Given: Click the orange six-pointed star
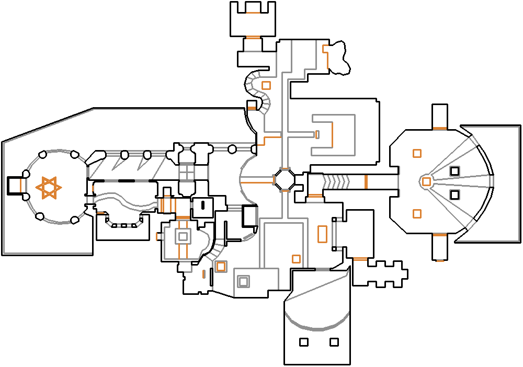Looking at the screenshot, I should coord(48,188).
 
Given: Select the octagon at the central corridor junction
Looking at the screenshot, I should coord(285,180).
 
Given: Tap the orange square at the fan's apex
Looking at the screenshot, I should coord(427,181).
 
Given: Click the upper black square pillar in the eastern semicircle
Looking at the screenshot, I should coord(454,170).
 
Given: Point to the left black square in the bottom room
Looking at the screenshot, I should coord(304,342).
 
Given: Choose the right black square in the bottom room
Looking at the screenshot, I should coord(334,342).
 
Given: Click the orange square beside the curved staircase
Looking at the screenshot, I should coord(266,85).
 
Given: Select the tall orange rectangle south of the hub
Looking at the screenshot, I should coord(322,234).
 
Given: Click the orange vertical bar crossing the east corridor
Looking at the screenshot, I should coord(366,181).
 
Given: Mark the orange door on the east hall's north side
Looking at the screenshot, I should coord(439,128).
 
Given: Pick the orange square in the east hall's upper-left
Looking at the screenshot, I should coord(417,153).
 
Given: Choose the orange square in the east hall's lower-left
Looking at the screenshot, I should coord(417,213).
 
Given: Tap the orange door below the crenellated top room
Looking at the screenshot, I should coord(253,37).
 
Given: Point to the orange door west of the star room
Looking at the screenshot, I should coord(20,185).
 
